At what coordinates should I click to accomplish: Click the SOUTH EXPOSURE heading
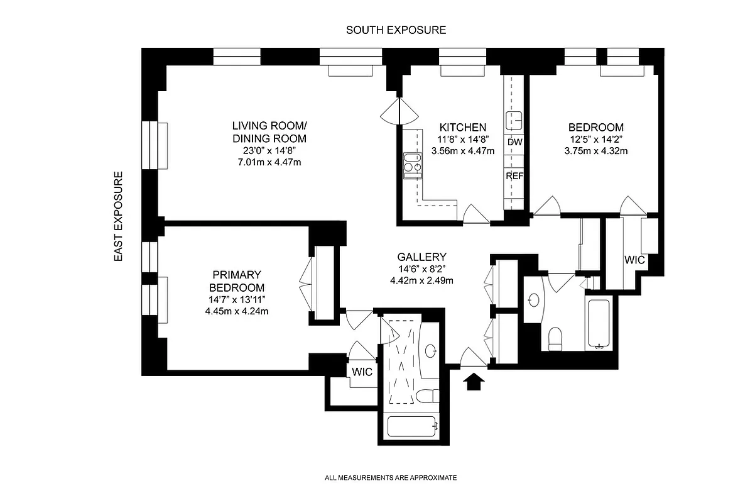point(396,30)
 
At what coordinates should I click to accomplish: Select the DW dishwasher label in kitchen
point(514,142)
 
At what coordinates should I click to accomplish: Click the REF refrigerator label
point(514,176)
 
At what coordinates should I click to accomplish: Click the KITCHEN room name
point(463,126)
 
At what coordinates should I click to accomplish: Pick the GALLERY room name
point(421,257)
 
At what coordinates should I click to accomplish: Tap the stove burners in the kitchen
point(412,162)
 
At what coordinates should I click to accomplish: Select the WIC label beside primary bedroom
point(362,372)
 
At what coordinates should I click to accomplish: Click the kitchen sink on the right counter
point(515,119)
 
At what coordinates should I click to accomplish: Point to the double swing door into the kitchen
point(399,112)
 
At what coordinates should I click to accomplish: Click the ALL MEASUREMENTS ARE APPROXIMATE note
point(391,478)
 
